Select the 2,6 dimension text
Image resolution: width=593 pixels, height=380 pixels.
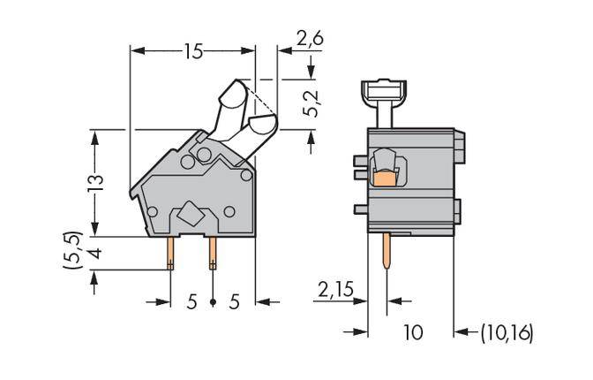coord(310,38)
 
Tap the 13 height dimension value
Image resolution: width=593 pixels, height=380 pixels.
coord(96,182)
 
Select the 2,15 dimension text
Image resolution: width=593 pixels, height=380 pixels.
coord(335,289)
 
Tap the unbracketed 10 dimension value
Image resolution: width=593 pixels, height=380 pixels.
coord(412,333)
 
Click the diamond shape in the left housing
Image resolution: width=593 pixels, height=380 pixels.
coord(191,214)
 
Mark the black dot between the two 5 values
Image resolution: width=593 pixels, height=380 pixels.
coord(213,302)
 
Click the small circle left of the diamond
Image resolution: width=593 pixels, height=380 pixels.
coord(153,212)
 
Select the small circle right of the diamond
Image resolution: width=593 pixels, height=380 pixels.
coord(229,211)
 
